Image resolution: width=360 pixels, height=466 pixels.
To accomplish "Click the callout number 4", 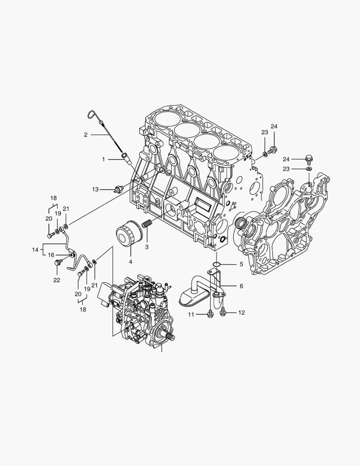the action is (130, 262).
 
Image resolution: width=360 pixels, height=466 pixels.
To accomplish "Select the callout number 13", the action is (95, 189).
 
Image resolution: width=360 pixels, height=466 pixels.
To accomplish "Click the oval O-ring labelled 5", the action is (217, 264).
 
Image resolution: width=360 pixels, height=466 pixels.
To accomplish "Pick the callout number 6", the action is (241, 286).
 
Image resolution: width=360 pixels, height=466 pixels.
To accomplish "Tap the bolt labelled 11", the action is (210, 313).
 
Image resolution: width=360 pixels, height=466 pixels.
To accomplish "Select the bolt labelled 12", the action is (223, 312).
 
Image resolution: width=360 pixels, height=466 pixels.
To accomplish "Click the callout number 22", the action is (56, 280).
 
